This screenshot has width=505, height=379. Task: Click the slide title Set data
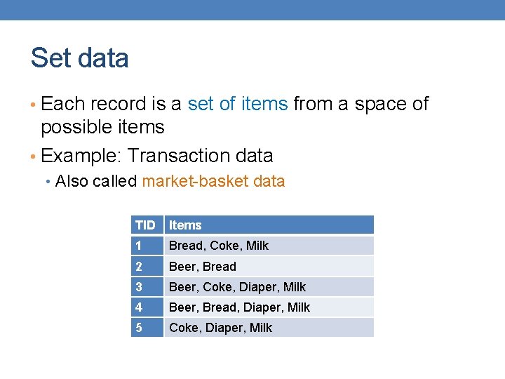coord(79,58)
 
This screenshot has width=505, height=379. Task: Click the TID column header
coord(145,225)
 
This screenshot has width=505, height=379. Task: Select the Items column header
coord(185,225)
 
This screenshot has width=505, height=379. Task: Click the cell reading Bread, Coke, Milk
coord(219,246)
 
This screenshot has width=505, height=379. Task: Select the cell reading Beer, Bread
coord(203,267)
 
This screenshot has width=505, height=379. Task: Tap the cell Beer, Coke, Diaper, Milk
coord(237,287)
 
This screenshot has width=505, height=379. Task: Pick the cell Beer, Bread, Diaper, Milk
coord(239,307)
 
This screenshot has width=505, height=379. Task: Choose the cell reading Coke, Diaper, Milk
coord(220,328)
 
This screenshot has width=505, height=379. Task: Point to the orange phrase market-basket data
coord(213,181)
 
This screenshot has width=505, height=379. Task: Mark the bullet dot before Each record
coord(34,105)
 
